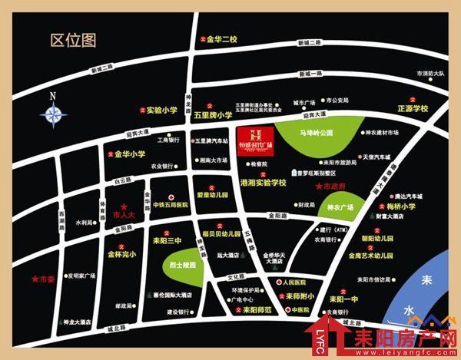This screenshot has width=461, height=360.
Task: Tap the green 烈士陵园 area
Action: pos(181,264)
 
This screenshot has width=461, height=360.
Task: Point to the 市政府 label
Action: pos(331,187)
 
